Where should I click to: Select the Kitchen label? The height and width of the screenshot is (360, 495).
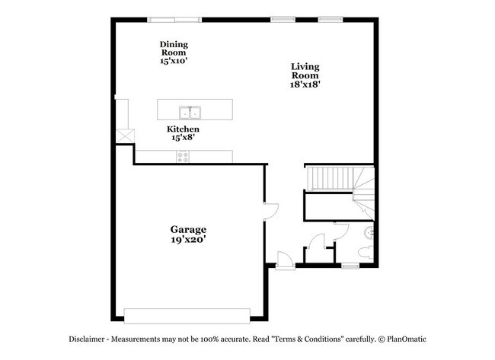[x=184, y=129]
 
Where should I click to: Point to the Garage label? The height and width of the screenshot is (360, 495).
[x=188, y=229]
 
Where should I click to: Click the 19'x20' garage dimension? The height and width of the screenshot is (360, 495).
[x=188, y=240]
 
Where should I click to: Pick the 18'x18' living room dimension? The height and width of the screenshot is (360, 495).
[x=305, y=85]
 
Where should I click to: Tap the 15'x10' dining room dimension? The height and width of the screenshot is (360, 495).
[x=174, y=60]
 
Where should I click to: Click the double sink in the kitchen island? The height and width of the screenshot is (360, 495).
[x=190, y=113]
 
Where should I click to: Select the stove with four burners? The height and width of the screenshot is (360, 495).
[x=183, y=157]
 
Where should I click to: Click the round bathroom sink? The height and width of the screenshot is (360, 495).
[x=370, y=231]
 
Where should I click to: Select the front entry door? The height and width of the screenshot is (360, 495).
[x=283, y=260]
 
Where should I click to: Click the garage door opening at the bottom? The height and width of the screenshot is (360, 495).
[x=187, y=315]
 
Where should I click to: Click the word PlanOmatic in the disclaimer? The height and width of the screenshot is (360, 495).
[x=407, y=339]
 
